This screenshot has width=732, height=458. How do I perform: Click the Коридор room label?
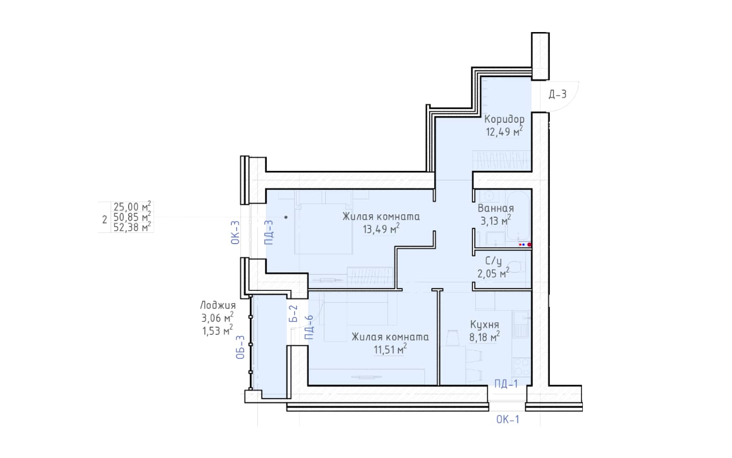(x=504, y=119)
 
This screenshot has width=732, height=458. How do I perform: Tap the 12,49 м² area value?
(x=504, y=131)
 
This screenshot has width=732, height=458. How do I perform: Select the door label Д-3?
(x=558, y=94)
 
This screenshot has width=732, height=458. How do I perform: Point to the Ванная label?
(x=496, y=208)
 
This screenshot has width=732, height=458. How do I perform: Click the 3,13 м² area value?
(x=495, y=220)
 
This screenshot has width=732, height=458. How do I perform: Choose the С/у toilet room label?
(x=494, y=261)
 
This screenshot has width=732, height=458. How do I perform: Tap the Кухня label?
(x=484, y=325)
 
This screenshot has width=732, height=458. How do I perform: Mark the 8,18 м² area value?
(x=484, y=337)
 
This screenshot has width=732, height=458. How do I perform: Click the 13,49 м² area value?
(x=381, y=229)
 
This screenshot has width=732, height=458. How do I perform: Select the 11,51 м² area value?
(x=390, y=349)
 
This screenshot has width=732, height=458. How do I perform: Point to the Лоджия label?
(x=218, y=305)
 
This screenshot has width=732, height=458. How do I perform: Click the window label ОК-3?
(x=235, y=233)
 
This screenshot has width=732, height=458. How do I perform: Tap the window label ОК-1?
(x=507, y=420)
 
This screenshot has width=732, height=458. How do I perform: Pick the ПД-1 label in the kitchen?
(x=506, y=383)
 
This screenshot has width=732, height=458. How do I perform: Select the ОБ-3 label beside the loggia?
(x=240, y=347)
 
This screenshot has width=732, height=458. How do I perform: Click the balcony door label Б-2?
(x=294, y=313)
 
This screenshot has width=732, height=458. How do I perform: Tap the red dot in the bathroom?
(x=529, y=245)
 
